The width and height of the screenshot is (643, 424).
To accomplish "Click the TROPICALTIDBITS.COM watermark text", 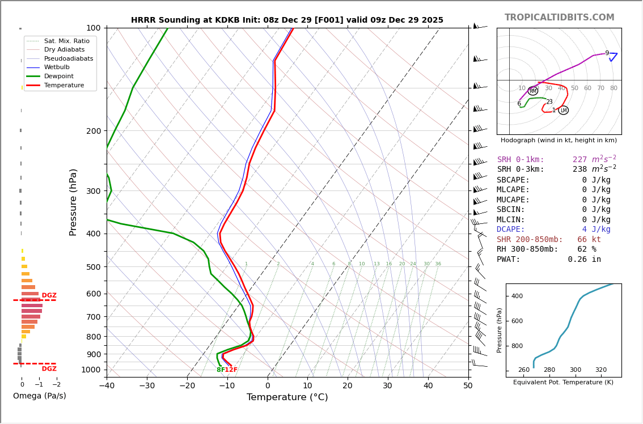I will click(x=559, y=18).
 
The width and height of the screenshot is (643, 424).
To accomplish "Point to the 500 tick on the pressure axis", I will click(x=93, y=267).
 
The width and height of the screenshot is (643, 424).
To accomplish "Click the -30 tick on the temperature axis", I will click(x=147, y=386).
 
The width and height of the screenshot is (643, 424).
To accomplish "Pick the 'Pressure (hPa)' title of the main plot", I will click(x=73, y=202).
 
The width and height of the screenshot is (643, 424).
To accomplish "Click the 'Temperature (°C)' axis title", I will click(x=287, y=397).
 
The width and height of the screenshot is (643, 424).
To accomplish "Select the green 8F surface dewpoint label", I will click(x=220, y=370).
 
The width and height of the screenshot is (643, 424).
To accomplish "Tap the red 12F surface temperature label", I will click(x=231, y=370).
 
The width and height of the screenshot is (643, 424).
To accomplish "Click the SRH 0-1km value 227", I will click(x=579, y=160).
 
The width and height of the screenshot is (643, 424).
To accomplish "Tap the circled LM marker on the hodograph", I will click(x=563, y=111).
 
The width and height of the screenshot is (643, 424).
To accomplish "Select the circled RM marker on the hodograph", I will click(x=533, y=91).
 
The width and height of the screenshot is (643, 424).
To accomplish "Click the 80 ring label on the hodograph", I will click(x=614, y=88).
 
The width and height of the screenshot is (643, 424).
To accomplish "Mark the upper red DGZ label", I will click(x=49, y=295).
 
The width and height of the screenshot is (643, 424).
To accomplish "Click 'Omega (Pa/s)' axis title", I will click(x=39, y=396).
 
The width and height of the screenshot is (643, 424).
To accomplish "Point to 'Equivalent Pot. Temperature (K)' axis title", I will click(x=563, y=383).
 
